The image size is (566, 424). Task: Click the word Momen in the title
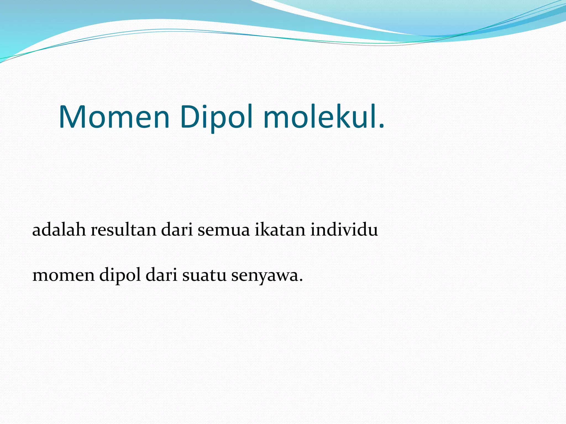pyautogui.click(x=114, y=117)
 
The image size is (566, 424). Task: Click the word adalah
pyautogui.click(x=59, y=230)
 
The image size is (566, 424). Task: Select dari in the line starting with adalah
pyautogui.click(x=177, y=230)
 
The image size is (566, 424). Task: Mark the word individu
pyautogui.click(x=344, y=230)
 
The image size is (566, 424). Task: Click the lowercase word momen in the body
pyautogui.click(x=63, y=275)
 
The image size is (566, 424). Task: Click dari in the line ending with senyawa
pyautogui.click(x=161, y=275)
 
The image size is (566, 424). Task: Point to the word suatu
pyautogui.click(x=204, y=276)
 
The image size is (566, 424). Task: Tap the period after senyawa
pyautogui.click(x=301, y=280)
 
